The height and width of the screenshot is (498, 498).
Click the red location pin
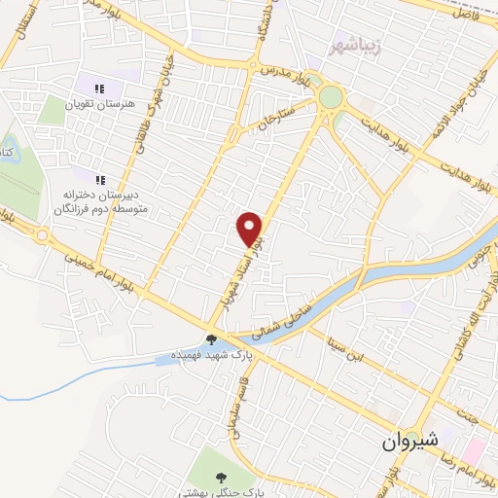pyautogui.click(x=251, y=228)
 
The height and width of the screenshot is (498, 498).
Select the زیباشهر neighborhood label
pyautogui.click(x=354, y=45)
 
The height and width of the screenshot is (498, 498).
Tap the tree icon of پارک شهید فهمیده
pyautogui.click(x=212, y=339)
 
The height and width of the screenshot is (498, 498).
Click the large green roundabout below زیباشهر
pyautogui.click(x=330, y=97)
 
